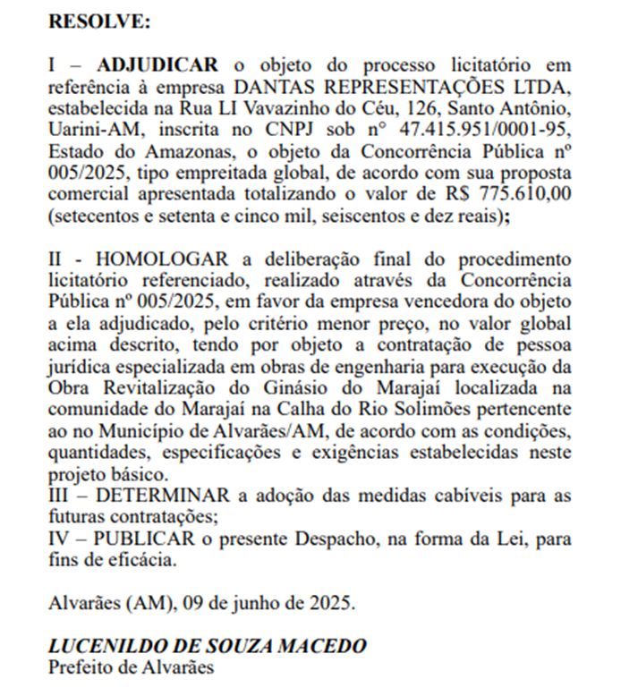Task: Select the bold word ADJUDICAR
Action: tap(157, 65)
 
